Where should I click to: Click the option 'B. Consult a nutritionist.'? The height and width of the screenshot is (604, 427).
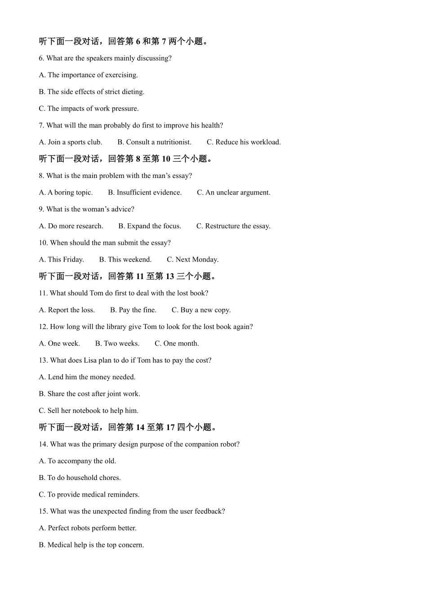pyautogui.click(x=154, y=142)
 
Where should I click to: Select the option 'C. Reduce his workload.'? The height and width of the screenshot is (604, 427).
pyautogui.click(x=244, y=142)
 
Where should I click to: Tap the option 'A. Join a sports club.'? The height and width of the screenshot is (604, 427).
pyautogui.click(x=71, y=142)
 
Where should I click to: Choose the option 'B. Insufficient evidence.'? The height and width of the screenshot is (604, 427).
pyautogui.click(x=145, y=192)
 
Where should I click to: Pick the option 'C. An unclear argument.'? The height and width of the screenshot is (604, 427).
pyautogui.click(x=234, y=192)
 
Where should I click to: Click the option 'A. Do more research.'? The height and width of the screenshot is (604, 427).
pyautogui.click(x=71, y=226)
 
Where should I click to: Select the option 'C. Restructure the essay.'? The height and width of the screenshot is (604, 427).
pyautogui.click(x=233, y=226)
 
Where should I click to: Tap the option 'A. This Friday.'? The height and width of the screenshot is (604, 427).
pyautogui.click(x=62, y=260)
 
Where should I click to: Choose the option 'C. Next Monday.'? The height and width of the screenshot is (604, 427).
pyautogui.click(x=192, y=260)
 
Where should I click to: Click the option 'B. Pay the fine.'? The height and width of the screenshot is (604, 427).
pyautogui.click(x=133, y=310)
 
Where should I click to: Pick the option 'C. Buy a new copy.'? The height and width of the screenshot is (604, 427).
pyautogui.click(x=201, y=310)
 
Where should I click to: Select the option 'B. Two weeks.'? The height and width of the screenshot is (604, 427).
pyautogui.click(x=117, y=343)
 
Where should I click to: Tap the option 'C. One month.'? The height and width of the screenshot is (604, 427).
pyautogui.click(x=177, y=343)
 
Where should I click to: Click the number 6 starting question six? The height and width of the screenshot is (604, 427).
pyautogui.click(x=41, y=58)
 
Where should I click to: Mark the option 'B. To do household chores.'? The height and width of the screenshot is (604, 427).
pyautogui.click(x=80, y=478)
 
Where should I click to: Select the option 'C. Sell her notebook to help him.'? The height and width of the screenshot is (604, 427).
pyautogui.click(x=89, y=411)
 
